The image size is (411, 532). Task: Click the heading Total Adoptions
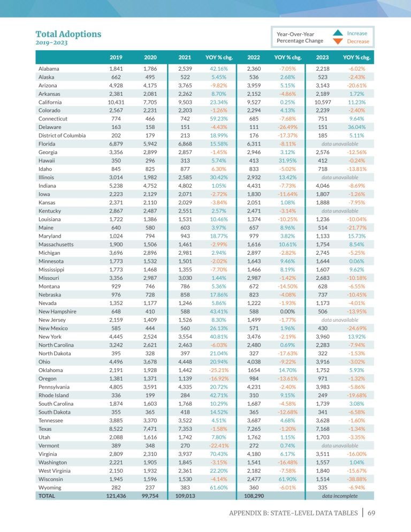68,34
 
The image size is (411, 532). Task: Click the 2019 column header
116,57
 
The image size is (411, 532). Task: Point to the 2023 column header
322,57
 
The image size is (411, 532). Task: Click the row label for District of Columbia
62,135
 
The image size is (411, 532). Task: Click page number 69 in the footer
371,513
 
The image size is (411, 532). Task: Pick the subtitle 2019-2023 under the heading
51,43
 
